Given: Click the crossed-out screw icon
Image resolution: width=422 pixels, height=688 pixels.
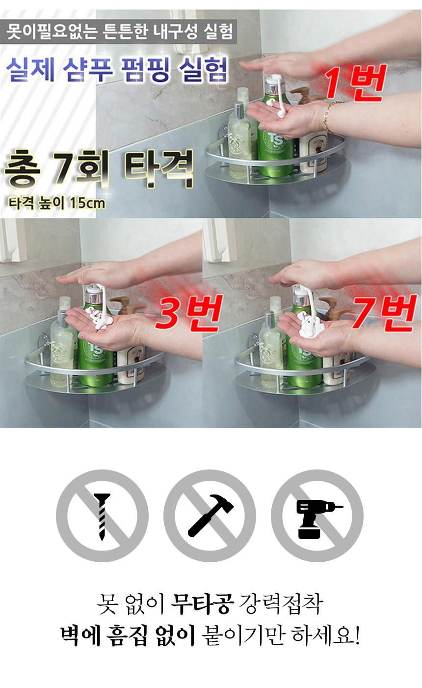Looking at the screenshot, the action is pyautogui.click(x=102, y=516).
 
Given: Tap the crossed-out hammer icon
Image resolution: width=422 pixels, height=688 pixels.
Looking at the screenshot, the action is pyautogui.click(x=210, y=516).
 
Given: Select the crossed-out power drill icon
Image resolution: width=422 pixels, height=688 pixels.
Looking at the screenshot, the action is pyautogui.click(x=317, y=516).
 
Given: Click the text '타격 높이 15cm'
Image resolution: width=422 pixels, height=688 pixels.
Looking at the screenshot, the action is pyautogui.click(x=57, y=203).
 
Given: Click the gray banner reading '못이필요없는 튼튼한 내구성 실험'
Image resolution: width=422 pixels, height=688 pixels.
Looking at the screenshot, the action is pyautogui.click(x=118, y=31).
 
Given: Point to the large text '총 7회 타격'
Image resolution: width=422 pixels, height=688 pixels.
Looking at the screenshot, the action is pyautogui.click(x=99, y=168).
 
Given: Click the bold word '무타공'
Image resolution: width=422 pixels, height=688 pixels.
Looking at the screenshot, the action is pyautogui.click(x=202, y=604).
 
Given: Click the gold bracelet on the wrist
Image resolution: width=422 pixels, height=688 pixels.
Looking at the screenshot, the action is pyautogui.click(x=328, y=117).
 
